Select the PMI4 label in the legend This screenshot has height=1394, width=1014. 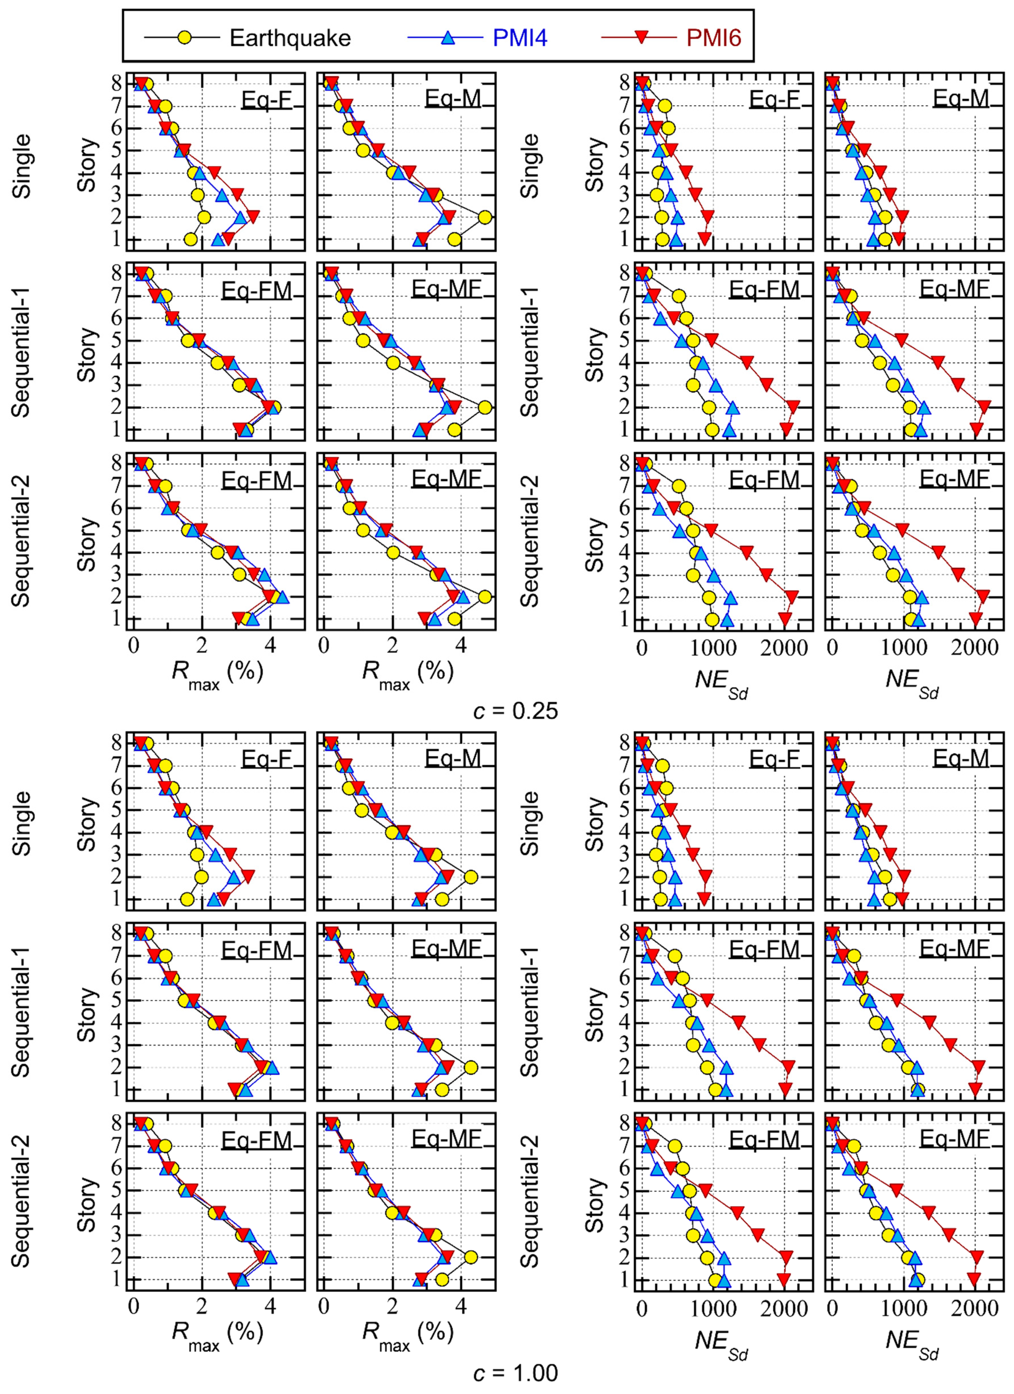[520, 38]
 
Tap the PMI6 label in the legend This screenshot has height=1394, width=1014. [713, 38]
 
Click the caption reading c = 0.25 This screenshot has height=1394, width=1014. [515, 711]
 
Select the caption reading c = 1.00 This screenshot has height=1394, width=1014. [515, 1372]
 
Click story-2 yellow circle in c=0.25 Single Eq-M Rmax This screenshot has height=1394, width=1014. [485, 217]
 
